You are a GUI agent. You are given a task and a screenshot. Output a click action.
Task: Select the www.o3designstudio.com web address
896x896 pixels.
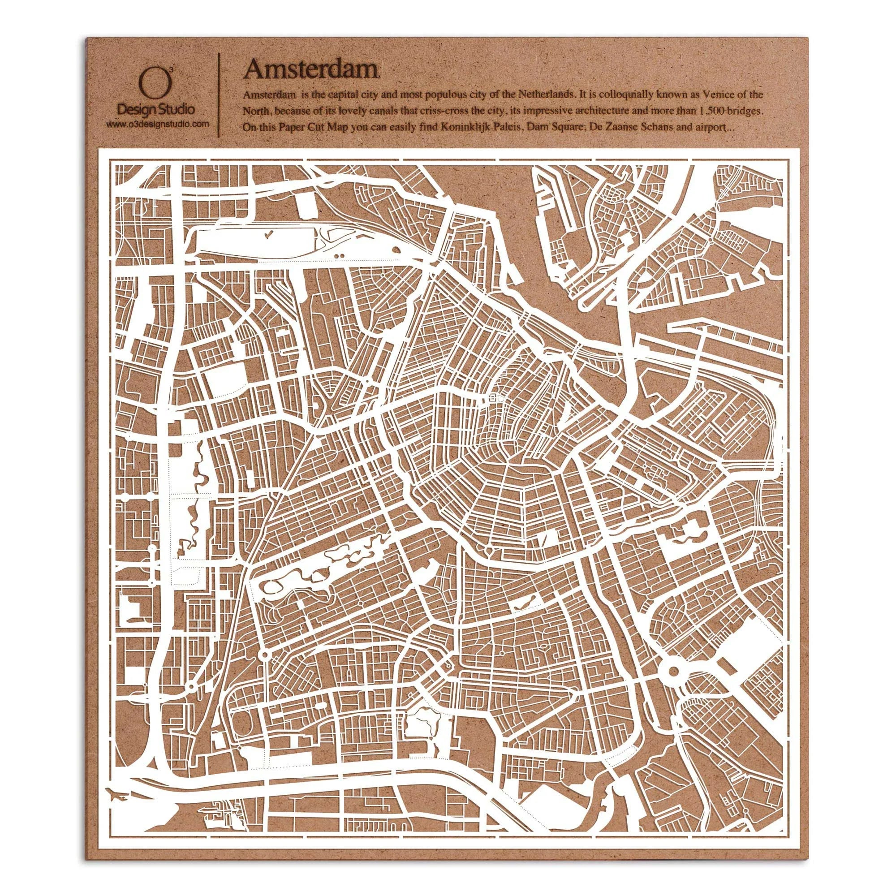pos(157,124)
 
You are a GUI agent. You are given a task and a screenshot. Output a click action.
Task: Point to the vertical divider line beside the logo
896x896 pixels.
pos(219,95)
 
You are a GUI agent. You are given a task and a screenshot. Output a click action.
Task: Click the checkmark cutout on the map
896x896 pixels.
pos(268,235)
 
